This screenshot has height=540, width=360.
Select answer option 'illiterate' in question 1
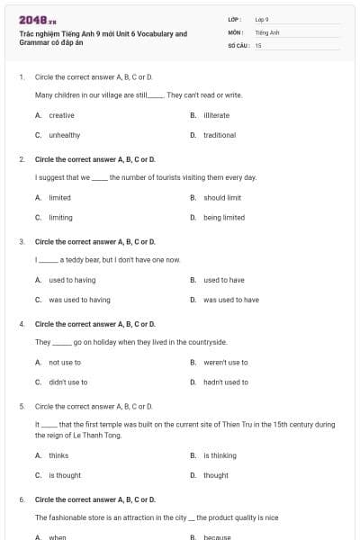click(219, 115)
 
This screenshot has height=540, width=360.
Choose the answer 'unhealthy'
click(64, 135)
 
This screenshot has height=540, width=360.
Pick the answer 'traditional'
click(220, 135)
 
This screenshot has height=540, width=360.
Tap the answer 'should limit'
click(222, 197)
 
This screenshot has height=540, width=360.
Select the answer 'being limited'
click(224, 217)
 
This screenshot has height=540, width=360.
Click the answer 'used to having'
click(72, 280)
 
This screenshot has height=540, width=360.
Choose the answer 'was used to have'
click(231, 300)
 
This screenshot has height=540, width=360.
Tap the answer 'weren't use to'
click(226, 362)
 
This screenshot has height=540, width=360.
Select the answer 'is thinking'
click(220, 455)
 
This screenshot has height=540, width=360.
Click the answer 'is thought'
click(65, 475)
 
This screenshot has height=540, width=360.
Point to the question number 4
click(22, 323)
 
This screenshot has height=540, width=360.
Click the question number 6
click(22, 499)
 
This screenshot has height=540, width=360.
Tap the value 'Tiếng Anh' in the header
click(268, 31)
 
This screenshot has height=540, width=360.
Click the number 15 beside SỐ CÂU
click(258, 44)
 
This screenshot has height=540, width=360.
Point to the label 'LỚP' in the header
click(235, 19)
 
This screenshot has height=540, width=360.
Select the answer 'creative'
click(61, 115)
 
